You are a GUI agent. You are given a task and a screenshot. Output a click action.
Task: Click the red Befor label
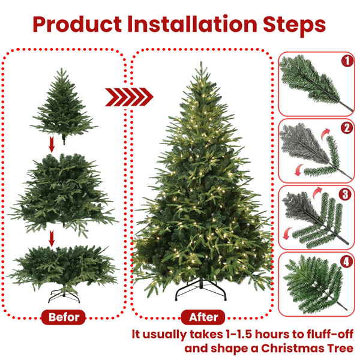point(64,317)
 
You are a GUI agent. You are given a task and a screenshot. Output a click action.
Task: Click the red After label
point(203,317)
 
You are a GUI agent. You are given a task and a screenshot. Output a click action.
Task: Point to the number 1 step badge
point(346,61)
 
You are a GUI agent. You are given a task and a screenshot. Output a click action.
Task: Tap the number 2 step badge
point(346,128)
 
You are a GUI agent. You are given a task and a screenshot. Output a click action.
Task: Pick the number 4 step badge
point(346,262)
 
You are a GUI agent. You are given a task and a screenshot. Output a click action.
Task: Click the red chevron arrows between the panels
point(130,97)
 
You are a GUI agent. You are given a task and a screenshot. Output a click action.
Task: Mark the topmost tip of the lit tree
point(200,62)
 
